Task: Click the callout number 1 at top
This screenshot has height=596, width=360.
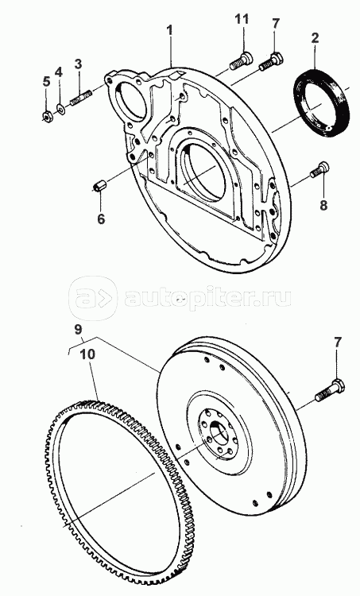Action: (x=169, y=30)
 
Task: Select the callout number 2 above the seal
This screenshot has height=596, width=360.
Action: (x=315, y=38)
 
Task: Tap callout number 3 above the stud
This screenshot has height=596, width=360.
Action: (x=78, y=64)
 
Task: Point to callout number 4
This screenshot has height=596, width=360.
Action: (x=58, y=71)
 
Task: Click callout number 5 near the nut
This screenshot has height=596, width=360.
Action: (x=46, y=81)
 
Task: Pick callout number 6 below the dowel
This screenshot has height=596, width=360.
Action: (x=101, y=219)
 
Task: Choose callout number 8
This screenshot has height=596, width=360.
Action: (x=323, y=205)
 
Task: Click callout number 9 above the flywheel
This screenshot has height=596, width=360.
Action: (x=78, y=330)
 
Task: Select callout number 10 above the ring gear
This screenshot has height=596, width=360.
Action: (x=87, y=354)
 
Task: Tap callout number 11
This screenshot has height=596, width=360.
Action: (x=242, y=18)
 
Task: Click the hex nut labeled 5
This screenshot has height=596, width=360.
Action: (x=47, y=116)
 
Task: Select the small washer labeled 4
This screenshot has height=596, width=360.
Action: (x=60, y=110)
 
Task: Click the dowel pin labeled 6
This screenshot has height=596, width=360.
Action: (x=100, y=187)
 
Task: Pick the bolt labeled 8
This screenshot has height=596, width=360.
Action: (x=319, y=169)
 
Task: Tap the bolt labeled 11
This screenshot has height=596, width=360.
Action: (x=241, y=61)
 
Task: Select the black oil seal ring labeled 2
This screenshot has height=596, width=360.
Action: (x=322, y=103)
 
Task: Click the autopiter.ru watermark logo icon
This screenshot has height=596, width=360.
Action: (x=93, y=298)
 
